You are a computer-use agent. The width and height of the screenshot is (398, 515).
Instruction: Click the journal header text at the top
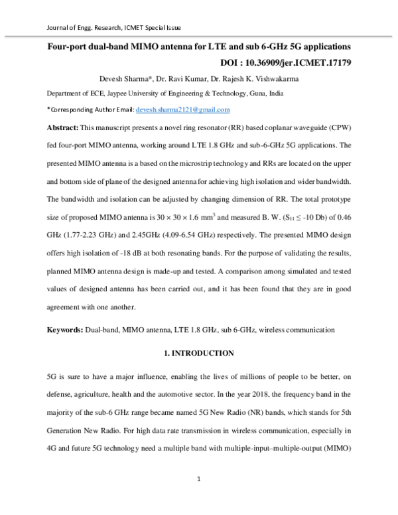click(x=111, y=28)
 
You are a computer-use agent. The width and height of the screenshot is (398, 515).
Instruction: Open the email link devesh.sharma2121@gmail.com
click(x=182, y=110)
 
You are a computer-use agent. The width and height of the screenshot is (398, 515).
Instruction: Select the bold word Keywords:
click(x=64, y=329)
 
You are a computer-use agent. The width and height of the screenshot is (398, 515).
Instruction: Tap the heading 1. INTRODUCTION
click(x=198, y=353)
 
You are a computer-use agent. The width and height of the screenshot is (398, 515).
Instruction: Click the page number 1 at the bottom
click(x=198, y=478)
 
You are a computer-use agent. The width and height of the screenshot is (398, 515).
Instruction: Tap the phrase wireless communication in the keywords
click(x=297, y=329)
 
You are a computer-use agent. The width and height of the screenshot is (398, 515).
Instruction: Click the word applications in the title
click(x=320, y=48)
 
